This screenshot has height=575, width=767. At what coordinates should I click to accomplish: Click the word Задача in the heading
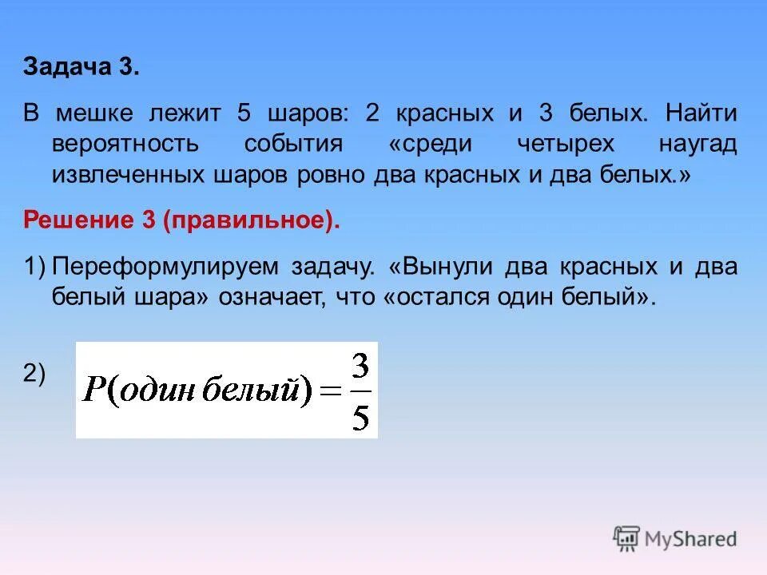click(69, 68)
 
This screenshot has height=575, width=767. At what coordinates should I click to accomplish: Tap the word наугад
click(697, 145)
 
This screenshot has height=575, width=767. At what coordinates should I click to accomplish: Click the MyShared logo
click(675, 538)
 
